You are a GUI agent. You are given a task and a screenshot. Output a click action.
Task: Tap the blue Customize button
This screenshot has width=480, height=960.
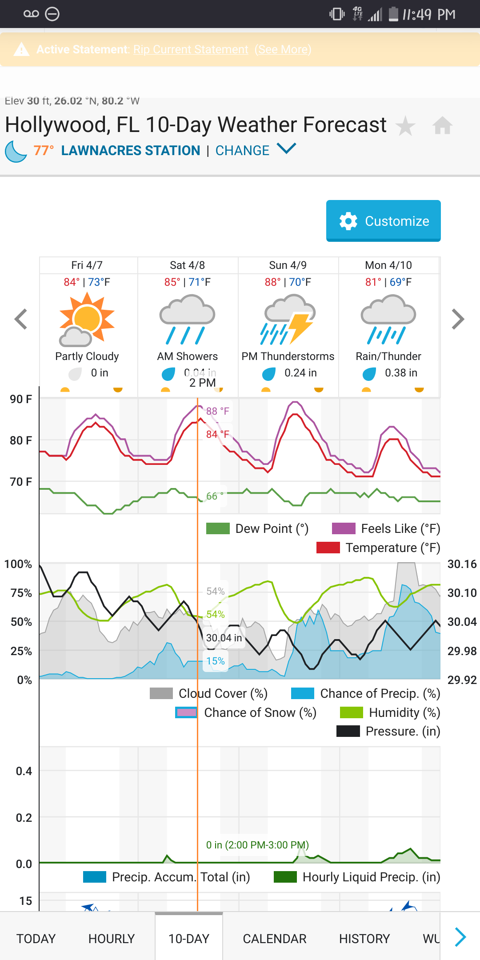pyautogui.click(x=383, y=220)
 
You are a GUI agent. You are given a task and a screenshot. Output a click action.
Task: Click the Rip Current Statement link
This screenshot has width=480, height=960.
pyautogui.click(x=191, y=49)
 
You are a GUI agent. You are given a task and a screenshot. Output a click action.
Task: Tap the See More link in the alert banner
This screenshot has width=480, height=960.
pyautogui.click(x=283, y=49)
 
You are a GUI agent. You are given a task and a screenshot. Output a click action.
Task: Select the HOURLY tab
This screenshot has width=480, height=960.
pyautogui.click(x=111, y=939)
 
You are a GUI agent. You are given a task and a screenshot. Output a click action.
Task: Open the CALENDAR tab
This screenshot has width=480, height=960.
pyautogui.click(x=274, y=939)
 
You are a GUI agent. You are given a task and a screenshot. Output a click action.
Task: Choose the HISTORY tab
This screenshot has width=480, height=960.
pyautogui.click(x=364, y=939)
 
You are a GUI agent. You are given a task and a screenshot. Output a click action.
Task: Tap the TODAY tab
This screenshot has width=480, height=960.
pyautogui.click(x=36, y=939)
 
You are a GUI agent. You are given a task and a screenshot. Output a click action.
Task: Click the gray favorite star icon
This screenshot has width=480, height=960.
pyautogui.click(x=405, y=126)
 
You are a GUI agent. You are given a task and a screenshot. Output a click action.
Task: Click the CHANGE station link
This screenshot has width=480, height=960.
pyautogui.click(x=243, y=151)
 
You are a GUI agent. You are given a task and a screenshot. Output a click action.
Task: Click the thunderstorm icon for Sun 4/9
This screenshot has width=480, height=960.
pyautogui.click(x=288, y=321)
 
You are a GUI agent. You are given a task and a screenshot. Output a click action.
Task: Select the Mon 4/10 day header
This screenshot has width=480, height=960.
pyautogui.click(x=388, y=265)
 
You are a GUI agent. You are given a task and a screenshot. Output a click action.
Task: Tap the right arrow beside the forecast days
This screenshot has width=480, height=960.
pyautogui.click(x=458, y=319)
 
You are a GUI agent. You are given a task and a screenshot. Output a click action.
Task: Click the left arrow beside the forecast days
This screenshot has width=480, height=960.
pyautogui.click(x=21, y=319)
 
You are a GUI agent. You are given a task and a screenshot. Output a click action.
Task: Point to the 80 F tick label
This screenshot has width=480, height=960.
pyautogui.click(x=21, y=440)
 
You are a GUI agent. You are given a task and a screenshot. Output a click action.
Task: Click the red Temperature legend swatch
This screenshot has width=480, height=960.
pyautogui.click(x=328, y=548)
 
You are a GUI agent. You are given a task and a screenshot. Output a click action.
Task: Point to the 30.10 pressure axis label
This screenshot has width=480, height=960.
pyautogui.click(x=462, y=593)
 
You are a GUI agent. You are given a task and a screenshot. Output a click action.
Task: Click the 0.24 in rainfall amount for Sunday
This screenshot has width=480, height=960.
pyautogui.click(x=300, y=373)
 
